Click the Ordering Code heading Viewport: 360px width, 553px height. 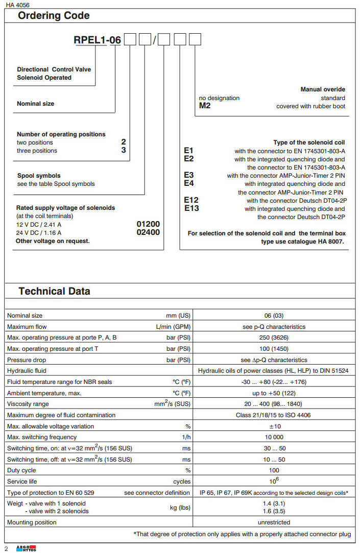tap(54, 16)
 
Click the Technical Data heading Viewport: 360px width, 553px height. tap(54, 292)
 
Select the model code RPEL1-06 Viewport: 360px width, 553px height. tap(98, 39)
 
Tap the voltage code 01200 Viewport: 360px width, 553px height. tap(148, 224)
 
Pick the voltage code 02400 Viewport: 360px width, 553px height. tap(148, 232)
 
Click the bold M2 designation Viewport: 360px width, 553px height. tap(204, 106)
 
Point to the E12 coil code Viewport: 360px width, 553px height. tap(191, 201)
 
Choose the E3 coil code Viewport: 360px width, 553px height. tap(189, 175)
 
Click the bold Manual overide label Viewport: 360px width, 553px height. tap(323, 90)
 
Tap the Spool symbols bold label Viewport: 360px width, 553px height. tap(39, 176)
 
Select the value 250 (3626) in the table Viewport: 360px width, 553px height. tap(273, 338)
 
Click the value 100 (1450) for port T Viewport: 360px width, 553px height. tap(273, 349)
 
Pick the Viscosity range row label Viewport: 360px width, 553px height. tap(29, 404)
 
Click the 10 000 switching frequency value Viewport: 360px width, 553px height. tap(273, 437)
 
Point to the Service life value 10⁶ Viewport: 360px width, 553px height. tap(273, 480)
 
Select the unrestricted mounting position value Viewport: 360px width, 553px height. tap(273, 522)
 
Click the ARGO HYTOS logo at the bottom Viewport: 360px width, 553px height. tap(23, 548)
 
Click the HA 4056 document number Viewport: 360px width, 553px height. tap(18, 5)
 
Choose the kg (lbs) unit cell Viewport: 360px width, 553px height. tap(180, 508)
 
